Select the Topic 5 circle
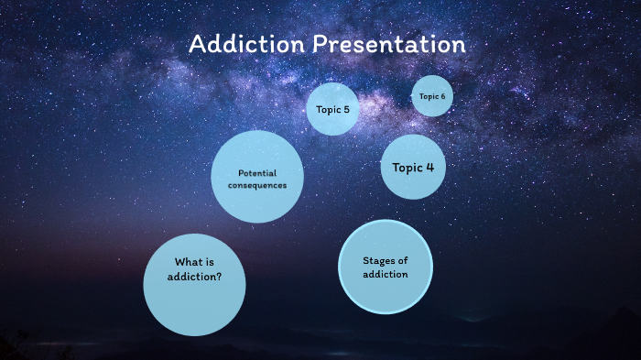click(331, 109)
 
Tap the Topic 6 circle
click(432, 96)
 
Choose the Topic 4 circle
click(413, 167)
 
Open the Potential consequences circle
click(257, 177)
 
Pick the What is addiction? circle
click(194, 283)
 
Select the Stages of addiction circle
click(385, 267)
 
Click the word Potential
click(257, 173)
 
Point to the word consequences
click(257, 185)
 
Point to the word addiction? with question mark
click(194, 276)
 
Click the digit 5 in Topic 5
click(345, 110)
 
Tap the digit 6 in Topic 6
click(443, 96)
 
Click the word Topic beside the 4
click(407, 168)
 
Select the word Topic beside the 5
click(327, 110)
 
